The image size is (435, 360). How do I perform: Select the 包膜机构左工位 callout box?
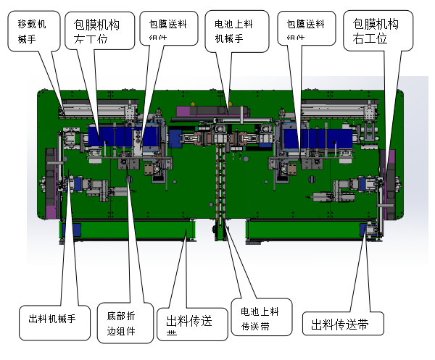tap(101, 30)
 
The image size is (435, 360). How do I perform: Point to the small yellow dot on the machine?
tap(230, 104)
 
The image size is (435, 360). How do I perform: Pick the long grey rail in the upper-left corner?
tap(94, 109)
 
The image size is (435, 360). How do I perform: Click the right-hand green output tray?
tap(304, 231)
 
